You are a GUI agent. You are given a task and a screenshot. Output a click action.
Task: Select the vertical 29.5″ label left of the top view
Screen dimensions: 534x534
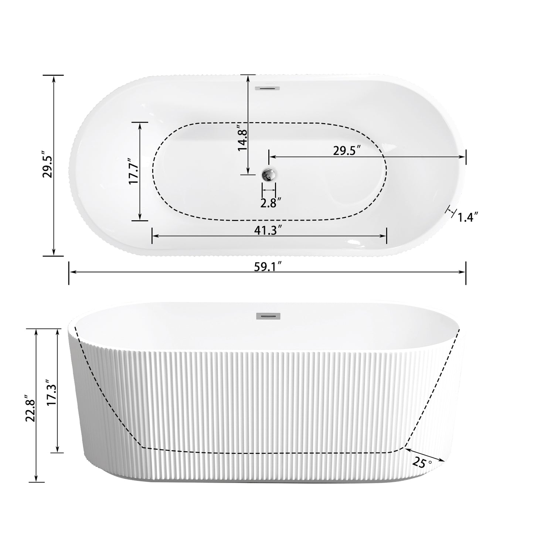(x=48, y=164)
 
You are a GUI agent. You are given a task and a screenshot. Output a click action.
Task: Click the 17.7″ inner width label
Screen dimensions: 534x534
(x=133, y=171)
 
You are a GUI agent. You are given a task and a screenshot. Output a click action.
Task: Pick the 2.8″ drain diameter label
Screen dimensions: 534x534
(x=271, y=203)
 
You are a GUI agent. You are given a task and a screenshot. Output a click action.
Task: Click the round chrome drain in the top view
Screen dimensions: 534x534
(x=269, y=174)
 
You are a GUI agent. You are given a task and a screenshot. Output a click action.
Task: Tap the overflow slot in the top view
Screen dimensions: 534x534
(x=268, y=88)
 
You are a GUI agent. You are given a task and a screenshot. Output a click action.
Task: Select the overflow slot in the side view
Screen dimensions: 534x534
(x=268, y=316)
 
